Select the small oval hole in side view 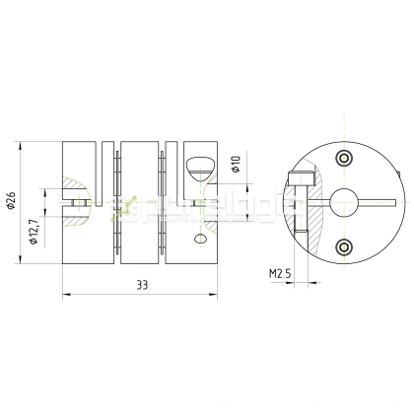click(x=201, y=238)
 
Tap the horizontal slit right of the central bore click(x=379, y=202)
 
